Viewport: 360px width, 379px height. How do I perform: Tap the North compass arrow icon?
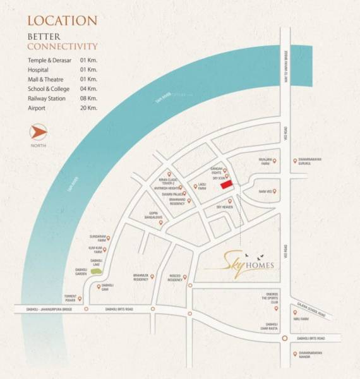(x=39, y=133)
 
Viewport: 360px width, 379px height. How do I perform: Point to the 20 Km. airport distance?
(x=88, y=108)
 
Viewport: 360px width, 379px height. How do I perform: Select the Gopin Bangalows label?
(x=160, y=216)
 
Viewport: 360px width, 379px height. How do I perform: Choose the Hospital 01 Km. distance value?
(x=88, y=69)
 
